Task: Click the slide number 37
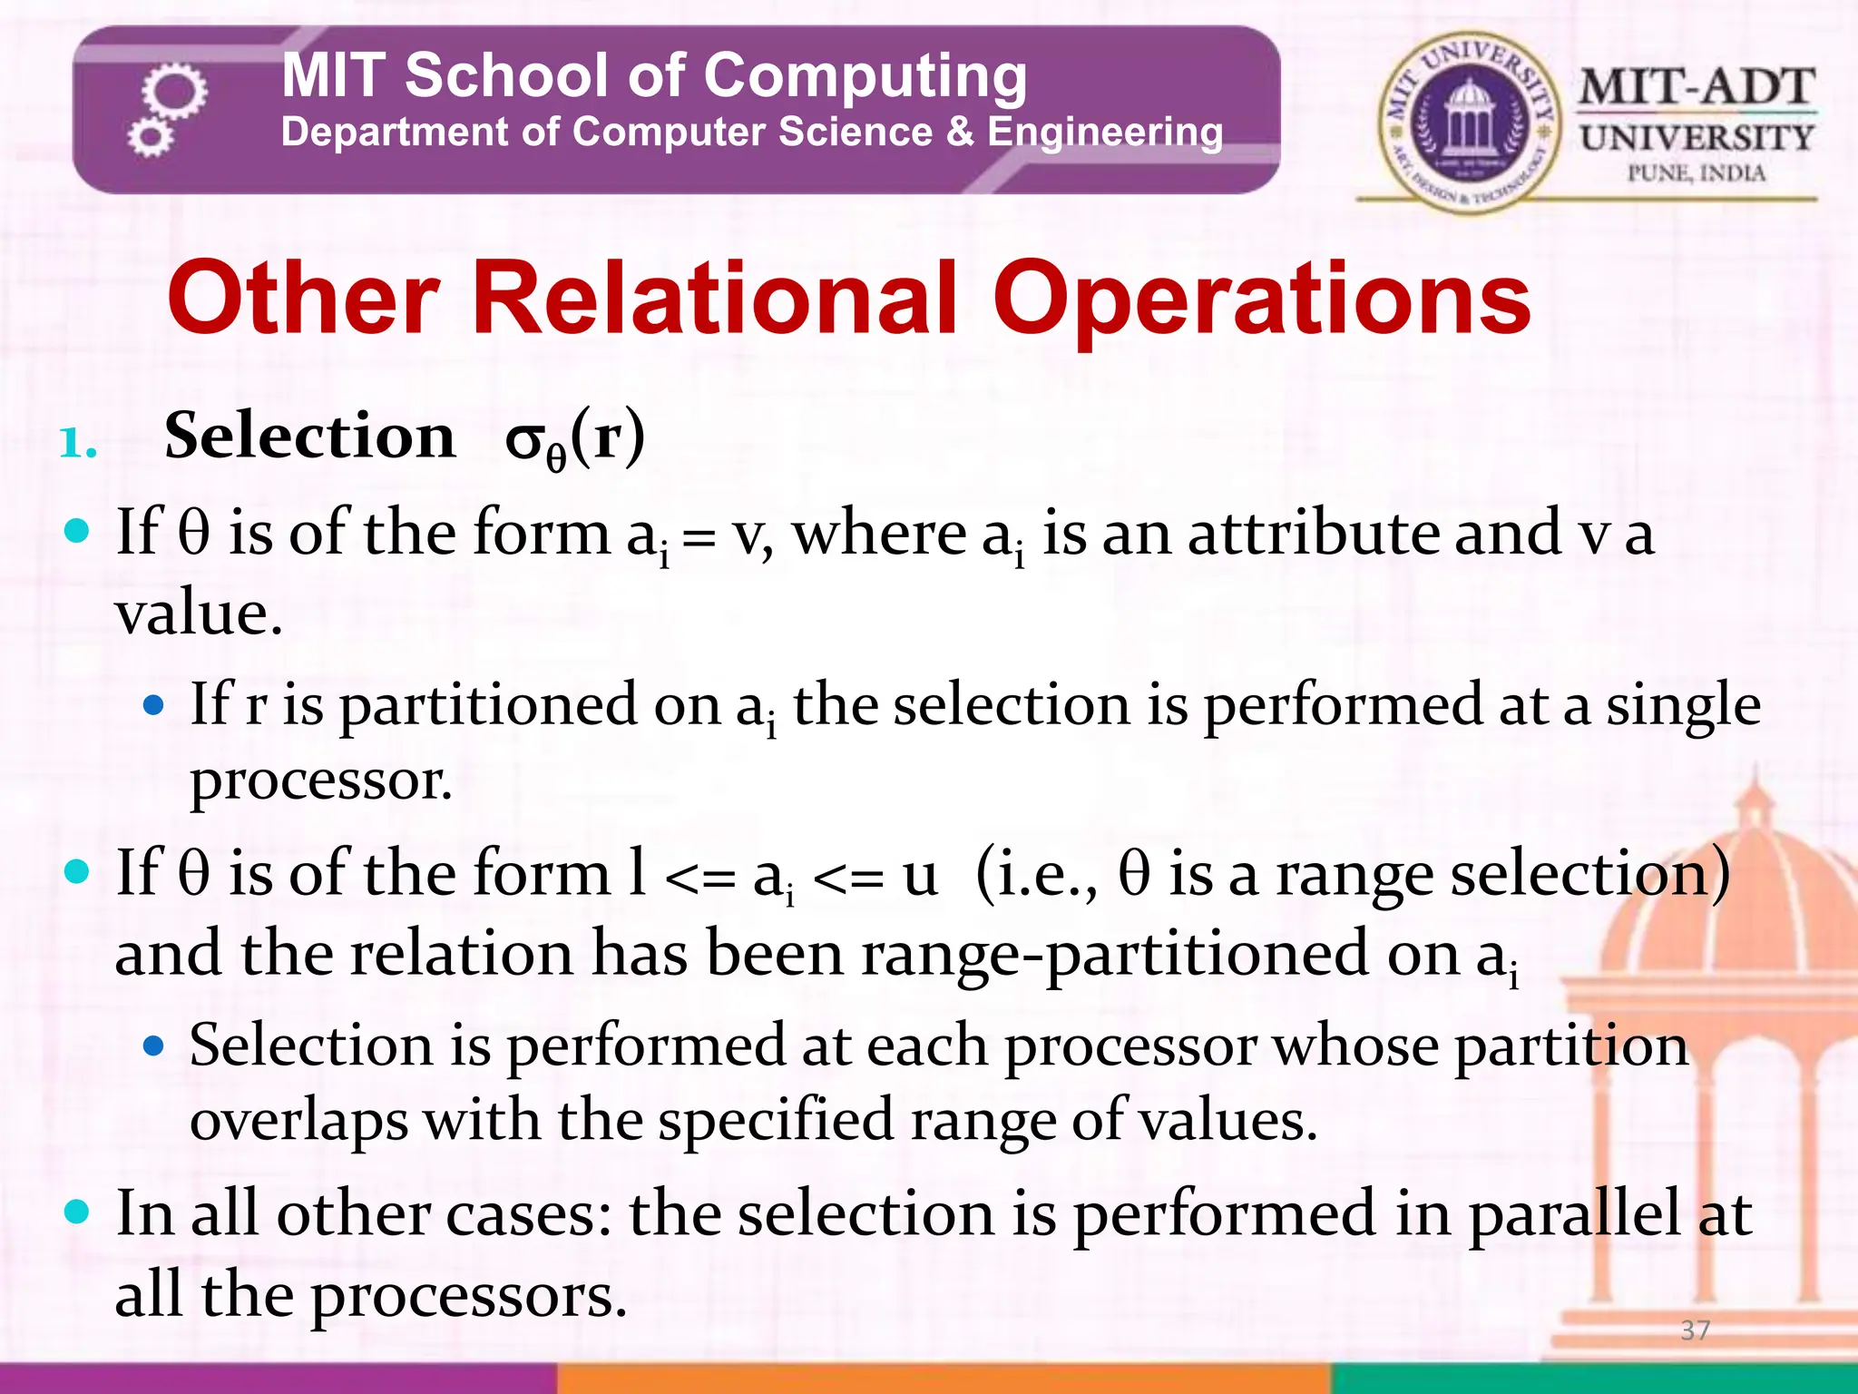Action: pos(1695,1330)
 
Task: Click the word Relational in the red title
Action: pos(715,299)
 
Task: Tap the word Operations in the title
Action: pos(1262,299)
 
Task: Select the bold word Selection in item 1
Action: pos(309,437)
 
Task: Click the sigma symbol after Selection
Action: pos(524,440)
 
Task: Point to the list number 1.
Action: pos(78,444)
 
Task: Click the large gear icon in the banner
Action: pos(174,92)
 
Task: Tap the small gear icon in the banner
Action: pos(150,138)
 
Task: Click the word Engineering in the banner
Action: pos(1104,133)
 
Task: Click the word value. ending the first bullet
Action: pos(199,614)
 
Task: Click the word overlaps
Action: pos(298,1121)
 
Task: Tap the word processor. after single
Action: pos(320,780)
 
